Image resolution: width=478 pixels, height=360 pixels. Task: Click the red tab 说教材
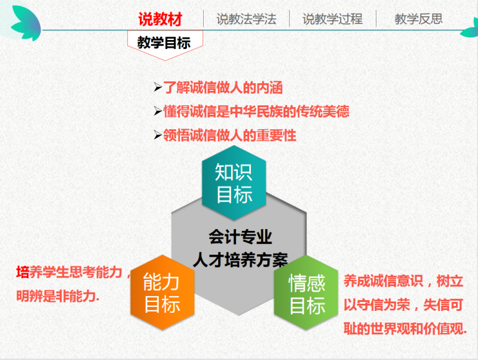(160, 19)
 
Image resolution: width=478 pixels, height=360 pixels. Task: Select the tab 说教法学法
(246, 19)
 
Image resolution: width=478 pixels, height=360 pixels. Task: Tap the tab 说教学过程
(333, 19)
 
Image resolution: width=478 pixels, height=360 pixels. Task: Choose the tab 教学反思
(419, 19)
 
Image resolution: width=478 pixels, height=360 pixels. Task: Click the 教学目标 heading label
(164, 42)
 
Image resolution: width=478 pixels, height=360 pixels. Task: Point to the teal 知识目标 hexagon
(234, 183)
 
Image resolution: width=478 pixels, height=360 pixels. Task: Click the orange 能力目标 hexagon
(162, 293)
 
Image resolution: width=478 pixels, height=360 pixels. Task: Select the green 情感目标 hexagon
(306, 293)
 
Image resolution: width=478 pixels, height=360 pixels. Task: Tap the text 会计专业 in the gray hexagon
(240, 237)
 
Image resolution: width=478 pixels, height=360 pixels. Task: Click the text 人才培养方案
(240, 261)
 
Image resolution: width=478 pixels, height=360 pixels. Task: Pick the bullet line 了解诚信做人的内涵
(223, 87)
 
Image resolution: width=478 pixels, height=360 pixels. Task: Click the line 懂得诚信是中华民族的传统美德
(256, 111)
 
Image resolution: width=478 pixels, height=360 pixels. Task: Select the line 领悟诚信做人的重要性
(229, 135)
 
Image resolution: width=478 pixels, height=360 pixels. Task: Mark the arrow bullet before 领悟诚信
(158, 135)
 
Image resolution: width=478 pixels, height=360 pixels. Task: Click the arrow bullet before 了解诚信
(158, 87)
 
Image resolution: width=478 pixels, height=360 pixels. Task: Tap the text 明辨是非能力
(57, 295)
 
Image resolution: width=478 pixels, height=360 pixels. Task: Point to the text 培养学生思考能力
(69, 272)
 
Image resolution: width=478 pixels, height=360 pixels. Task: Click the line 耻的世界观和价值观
(405, 328)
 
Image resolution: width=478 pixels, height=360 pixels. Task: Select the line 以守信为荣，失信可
(403, 305)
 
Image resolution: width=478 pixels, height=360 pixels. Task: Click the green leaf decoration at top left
(27, 23)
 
